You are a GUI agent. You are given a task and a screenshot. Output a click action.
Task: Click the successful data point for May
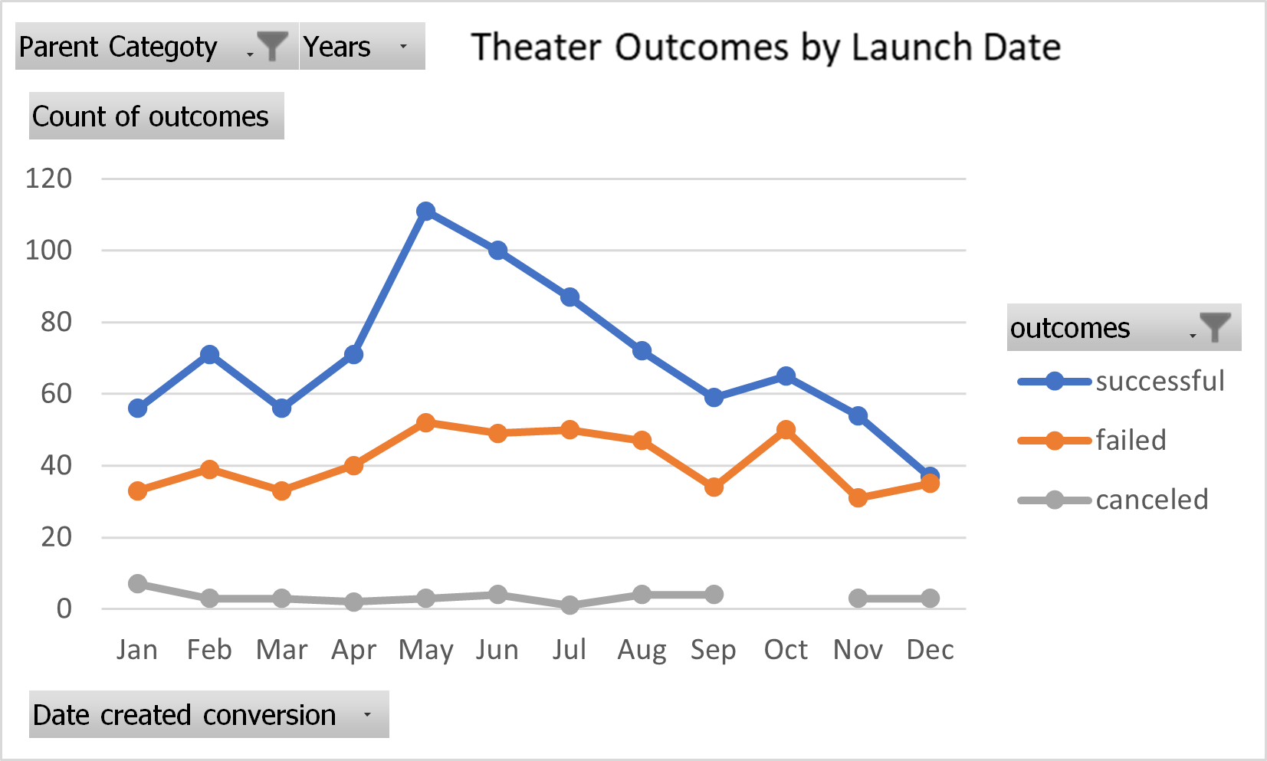click(x=426, y=212)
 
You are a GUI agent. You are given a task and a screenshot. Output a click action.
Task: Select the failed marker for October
click(x=786, y=430)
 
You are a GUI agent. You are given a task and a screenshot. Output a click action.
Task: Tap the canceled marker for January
click(x=138, y=584)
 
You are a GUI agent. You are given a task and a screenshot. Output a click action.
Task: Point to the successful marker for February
click(x=209, y=355)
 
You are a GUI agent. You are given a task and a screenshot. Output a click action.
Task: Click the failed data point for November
click(x=858, y=498)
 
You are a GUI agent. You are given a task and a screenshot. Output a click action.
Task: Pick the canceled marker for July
click(x=569, y=605)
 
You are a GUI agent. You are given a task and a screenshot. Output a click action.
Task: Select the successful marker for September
click(x=714, y=398)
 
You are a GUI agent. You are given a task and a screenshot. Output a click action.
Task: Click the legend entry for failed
click(x=1130, y=441)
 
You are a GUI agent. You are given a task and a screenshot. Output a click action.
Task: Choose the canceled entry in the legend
click(x=1150, y=500)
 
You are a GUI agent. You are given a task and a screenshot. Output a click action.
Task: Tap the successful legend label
click(x=1159, y=381)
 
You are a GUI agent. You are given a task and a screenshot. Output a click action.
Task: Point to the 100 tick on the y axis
click(x=49, y=251)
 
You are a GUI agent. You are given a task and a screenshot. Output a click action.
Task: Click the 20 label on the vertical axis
click(x=56, y=537)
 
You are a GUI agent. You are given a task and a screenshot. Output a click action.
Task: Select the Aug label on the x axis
click(x=642, y=650)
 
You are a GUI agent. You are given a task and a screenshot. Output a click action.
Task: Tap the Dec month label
click(x=930, y=650)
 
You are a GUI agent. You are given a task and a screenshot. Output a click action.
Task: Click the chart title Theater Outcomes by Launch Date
click(x=765, y=48)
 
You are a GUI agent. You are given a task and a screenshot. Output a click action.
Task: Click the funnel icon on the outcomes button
click(x=1214, y=328)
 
